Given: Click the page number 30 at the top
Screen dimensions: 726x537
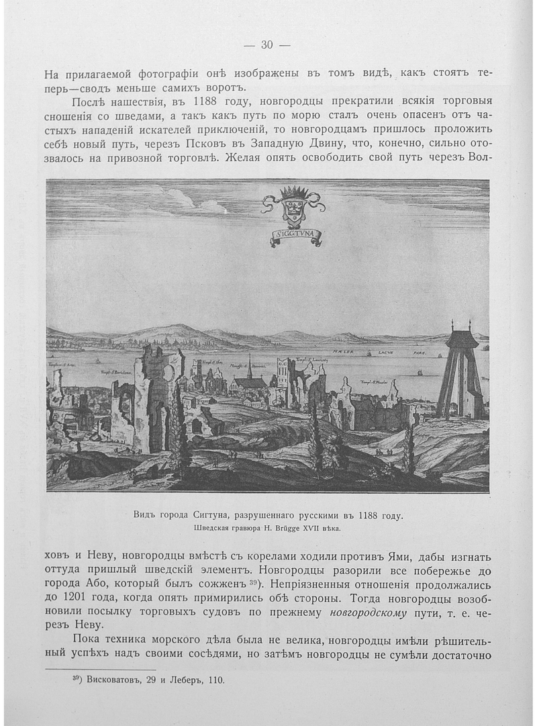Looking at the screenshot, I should tap(266, 45).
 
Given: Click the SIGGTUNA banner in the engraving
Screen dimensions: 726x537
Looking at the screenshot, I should tap(296, 234).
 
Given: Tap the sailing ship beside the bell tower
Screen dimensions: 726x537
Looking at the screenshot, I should tap(419, 371).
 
